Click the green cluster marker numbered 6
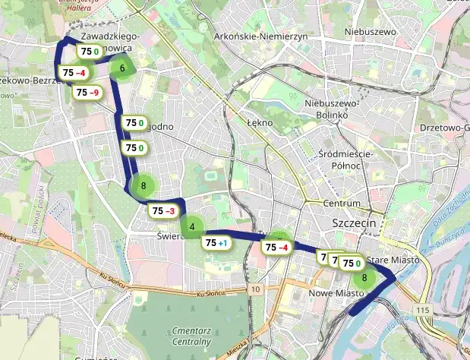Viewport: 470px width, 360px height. point(122,68)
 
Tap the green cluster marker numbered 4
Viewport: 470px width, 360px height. point(192,226)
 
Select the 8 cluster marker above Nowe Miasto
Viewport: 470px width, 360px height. point(365,277)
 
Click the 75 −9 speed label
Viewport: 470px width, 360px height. point(87,93)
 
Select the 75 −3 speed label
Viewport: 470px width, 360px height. point(163,210)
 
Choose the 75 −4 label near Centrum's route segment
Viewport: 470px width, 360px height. point(276,247)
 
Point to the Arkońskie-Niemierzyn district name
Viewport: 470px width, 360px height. point(260,36)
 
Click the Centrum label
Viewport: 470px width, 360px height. point(342,204)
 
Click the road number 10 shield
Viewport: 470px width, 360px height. point(256,289)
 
